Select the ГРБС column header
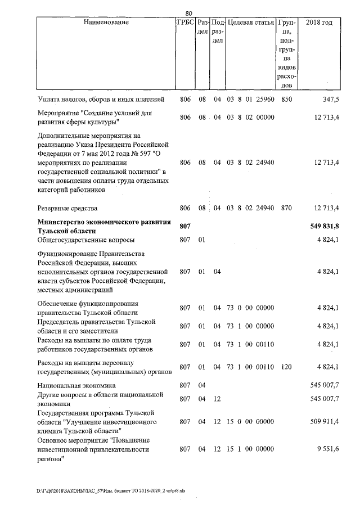(186, 22)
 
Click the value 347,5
(331, 100)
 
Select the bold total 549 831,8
(325, 226)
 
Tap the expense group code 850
(287, 100)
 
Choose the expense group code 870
(287, 208)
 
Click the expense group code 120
(287, 367)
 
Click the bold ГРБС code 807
(186, 226)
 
